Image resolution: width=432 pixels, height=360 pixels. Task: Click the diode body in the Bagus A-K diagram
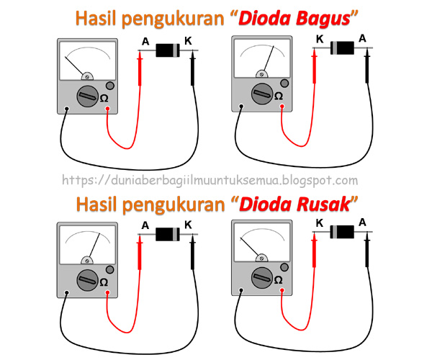coord(168,50)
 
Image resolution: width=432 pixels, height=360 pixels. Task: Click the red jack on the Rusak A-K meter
coord(108,293)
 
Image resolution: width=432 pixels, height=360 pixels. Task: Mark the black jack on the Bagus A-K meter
coord(66,109)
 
